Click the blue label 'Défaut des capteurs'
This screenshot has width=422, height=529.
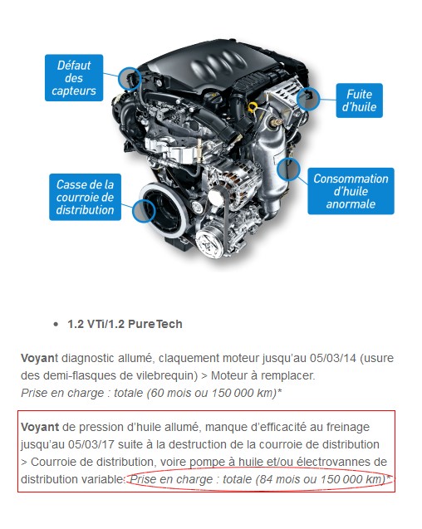pos(74,77)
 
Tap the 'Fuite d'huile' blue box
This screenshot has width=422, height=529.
pos(359,100)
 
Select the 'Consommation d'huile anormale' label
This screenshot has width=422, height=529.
pos(351,191)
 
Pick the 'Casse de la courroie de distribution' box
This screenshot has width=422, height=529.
pos(85,197)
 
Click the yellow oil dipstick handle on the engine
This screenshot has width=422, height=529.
pos(253,108)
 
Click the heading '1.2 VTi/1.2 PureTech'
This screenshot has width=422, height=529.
pos(125,324)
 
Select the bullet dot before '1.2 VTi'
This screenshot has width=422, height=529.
pos(56,324)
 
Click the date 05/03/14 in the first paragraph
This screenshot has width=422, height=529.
pos(333,358)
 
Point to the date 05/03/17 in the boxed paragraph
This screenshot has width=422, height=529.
pos(91,444)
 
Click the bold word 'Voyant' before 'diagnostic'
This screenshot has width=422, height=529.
pos(40,358)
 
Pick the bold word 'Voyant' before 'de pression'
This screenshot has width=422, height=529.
pos(40,428)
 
